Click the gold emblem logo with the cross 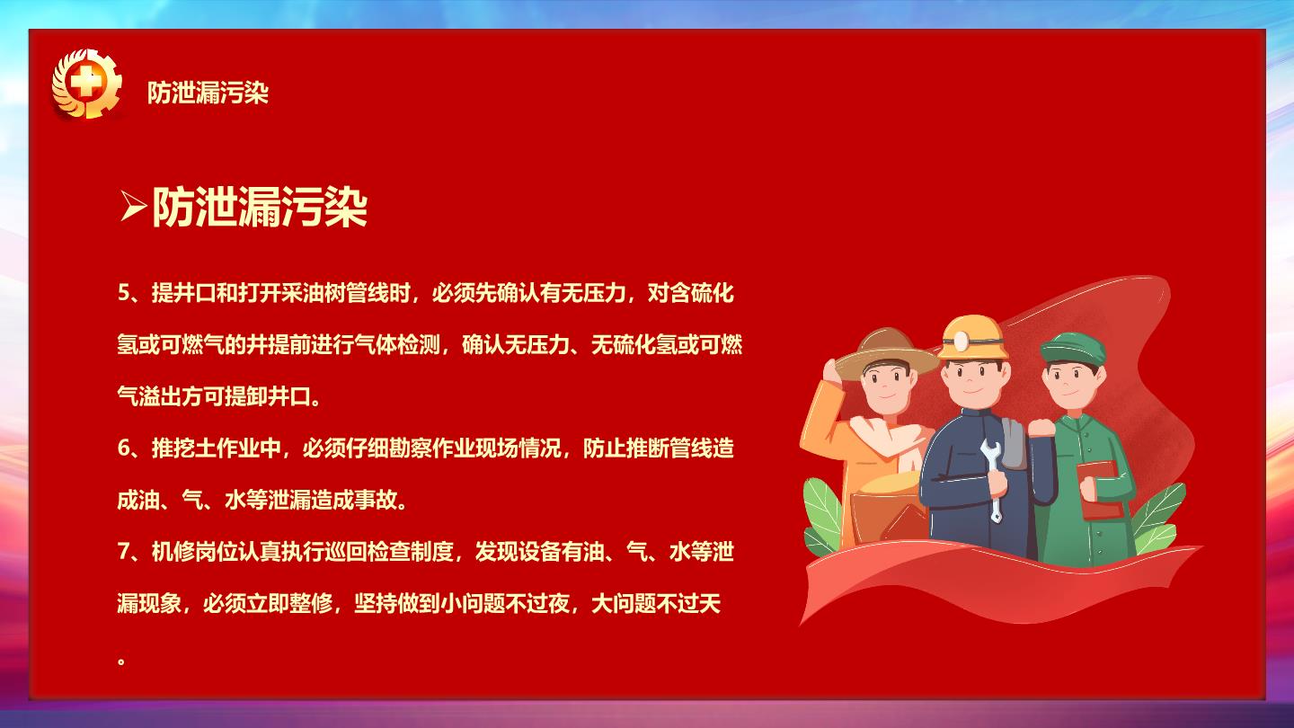tap(86, 84)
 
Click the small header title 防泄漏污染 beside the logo tap(208, 93)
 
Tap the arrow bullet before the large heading tap(132, 206)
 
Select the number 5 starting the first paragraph tap(124, 294)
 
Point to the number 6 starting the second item tap(124, 448)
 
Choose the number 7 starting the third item tap(124, 552)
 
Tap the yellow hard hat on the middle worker tap(973, 338)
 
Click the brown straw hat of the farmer tap(887, 353)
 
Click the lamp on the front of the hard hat tap(961, 341)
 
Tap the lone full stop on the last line tap(121, 660)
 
